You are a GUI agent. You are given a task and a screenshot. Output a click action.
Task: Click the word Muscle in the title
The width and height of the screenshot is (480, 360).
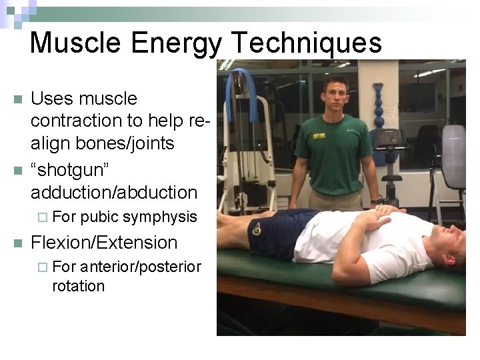(75, 43)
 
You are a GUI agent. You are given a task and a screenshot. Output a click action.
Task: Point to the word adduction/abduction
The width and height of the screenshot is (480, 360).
(114, 193)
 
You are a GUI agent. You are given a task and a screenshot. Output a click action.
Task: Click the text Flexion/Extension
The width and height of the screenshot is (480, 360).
(104, 242)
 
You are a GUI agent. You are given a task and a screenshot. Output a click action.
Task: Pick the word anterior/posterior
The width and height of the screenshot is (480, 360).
(140, 267)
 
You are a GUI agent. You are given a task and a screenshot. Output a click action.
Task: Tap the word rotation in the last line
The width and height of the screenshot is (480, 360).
(78, 286)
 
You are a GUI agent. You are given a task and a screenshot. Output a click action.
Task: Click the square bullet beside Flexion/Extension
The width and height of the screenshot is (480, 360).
(17, 243)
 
